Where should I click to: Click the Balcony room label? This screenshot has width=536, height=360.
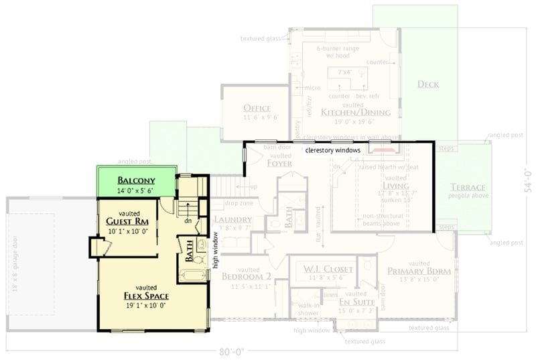tap(136, 180)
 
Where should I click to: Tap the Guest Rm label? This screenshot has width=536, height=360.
tap(127, 222)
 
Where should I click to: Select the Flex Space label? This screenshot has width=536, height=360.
tap(146, 296)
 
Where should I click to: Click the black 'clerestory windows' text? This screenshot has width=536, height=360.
tap(333, 150)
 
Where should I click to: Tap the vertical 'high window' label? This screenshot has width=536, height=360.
tap(216, 250)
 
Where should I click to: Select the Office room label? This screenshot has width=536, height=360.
tap(257, 109)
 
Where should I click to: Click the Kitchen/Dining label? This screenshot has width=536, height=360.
tap(355, 113)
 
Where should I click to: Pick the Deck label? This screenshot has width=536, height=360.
tap(428, 84)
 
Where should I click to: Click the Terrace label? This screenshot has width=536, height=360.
tap(468, 187)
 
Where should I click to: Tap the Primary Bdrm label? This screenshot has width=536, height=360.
tap(419, 272)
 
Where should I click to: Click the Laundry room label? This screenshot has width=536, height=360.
tap(232, 220)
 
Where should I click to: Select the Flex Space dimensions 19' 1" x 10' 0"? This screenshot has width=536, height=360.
tap(146, 305)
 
